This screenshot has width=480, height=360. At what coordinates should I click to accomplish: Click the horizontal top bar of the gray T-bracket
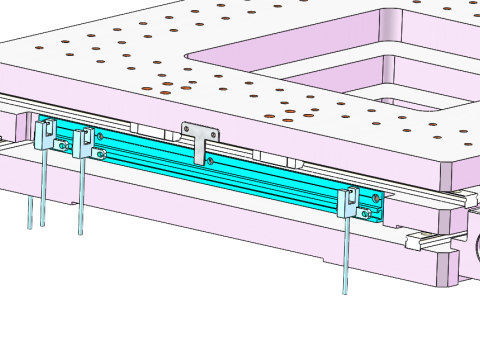click(x=200, y=130)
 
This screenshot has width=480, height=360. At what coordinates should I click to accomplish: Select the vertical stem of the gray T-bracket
click(x=200, y=150)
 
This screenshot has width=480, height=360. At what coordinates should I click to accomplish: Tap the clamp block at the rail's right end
click(x=349, y=202)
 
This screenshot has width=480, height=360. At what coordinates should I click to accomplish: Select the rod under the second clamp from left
click(x=80, y=195)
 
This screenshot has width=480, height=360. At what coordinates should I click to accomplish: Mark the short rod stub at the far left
click(x=30, y=212)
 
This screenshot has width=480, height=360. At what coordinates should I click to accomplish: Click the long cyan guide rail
click(x=250, y=176)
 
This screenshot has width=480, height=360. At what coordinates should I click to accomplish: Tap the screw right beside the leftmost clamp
click(x=62, y=146)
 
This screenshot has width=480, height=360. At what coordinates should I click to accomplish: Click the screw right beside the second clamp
click(x=101, y=154)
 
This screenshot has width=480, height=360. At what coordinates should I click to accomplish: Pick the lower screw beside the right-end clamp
click(x=367, y=213)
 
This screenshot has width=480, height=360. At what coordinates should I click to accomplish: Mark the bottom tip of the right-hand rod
click(x=345, y=291)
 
